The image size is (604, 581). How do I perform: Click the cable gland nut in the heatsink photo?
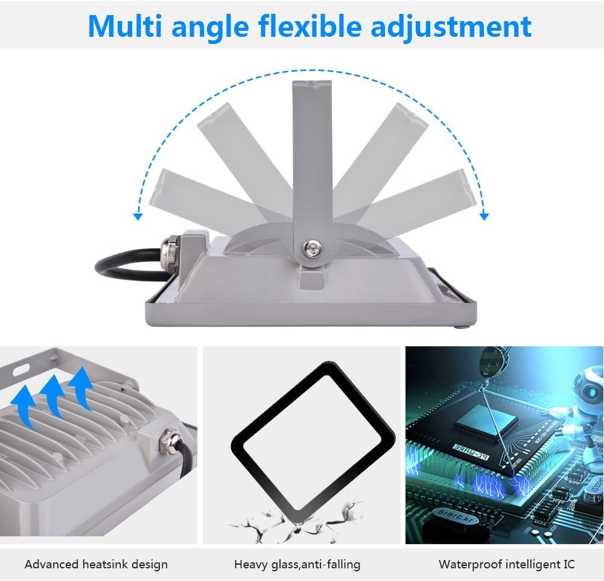coord(168,441)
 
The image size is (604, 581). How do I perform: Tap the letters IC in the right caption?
coord(568,565)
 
